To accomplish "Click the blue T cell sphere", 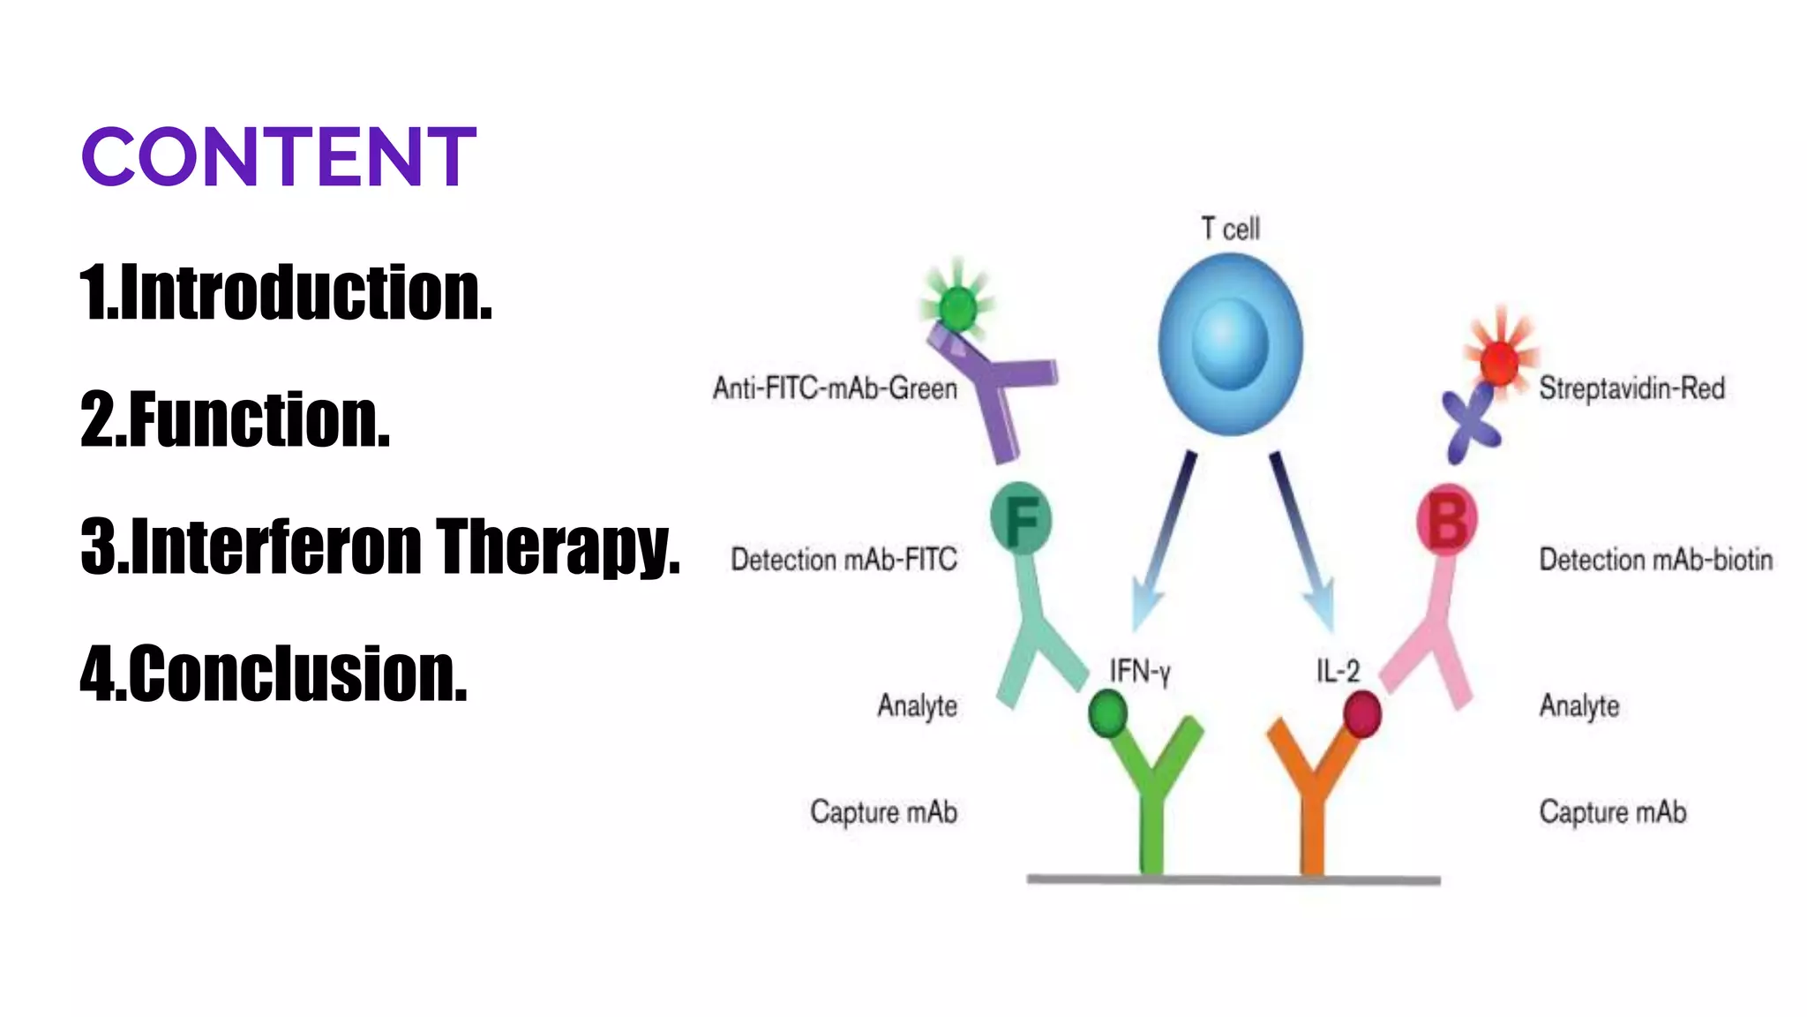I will coord(1230,344).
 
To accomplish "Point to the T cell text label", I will coord(1230,229).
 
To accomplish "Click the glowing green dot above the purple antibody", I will coord(957,308).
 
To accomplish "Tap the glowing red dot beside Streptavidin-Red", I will coord(1499,361).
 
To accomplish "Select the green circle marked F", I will coord(1022,519).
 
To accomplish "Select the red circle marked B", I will coord(1447,520).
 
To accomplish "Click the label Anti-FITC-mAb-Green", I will coord(835,388).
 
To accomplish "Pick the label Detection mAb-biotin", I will coord(1655,560).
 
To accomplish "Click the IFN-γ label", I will coord(1139,672).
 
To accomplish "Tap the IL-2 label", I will coord(1338,671).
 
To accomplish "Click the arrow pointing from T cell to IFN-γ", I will coord(1165,539).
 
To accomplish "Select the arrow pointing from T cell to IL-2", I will coord(1302,539).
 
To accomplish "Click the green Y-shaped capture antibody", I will coord(1151,795).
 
